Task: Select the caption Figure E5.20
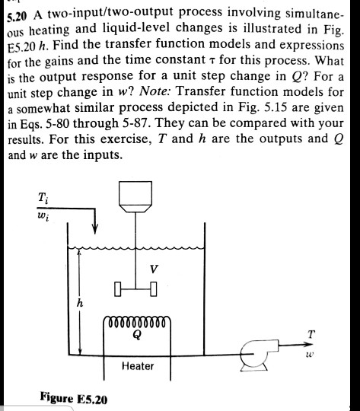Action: (x=74, y=400)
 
